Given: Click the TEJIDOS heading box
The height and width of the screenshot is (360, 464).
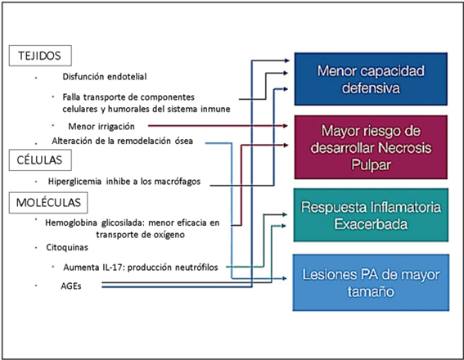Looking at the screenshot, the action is pyautogui.click(x=40, y=56).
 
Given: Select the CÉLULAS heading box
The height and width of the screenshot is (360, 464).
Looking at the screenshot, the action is pyautogui.click(x=40, y=160).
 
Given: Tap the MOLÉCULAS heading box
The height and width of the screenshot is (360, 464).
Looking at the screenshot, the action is pyautogui.click(x=48, y=203).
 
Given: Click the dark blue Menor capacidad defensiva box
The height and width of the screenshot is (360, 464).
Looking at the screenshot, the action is pyautogui.click(x=371, y=79).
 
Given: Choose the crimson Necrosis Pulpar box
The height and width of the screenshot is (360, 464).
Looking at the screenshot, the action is pyautogui.click(x=371, y=147).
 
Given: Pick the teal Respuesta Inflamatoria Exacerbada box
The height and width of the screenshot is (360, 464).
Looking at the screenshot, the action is pyautogui.click(x=371, y=215).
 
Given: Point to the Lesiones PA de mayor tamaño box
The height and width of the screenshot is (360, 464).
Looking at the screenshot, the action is pyautogui.click(x=371, y=282).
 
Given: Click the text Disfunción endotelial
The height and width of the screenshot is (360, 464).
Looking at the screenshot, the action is pyautogui.click(x=105, y=77).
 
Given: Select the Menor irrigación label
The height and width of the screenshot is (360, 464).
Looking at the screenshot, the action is pyautogui.click(x=101, y=127).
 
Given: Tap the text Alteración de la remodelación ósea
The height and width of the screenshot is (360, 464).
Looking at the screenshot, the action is pyautogui.click(x=122, y=141).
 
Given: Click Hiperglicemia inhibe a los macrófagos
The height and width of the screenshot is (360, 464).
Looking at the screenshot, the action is pyautogui.click(x=124, y=182).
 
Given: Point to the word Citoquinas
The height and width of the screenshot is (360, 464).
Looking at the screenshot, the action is pyautogui.click(x=67, y=247).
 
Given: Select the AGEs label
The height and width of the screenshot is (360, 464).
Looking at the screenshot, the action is pyautogui.click(x=71, y=286).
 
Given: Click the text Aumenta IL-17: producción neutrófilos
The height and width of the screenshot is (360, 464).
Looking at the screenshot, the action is pyautogui.click(x=141, y=268).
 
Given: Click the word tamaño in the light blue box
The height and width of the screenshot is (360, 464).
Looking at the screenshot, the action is pyautogui.click(x=371, y=291).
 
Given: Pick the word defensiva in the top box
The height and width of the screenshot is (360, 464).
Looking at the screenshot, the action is pyautogui.click(x=371, y=88).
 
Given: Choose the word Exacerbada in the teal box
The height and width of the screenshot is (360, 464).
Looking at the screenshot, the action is pyautogui.click(x=371, y=224).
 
